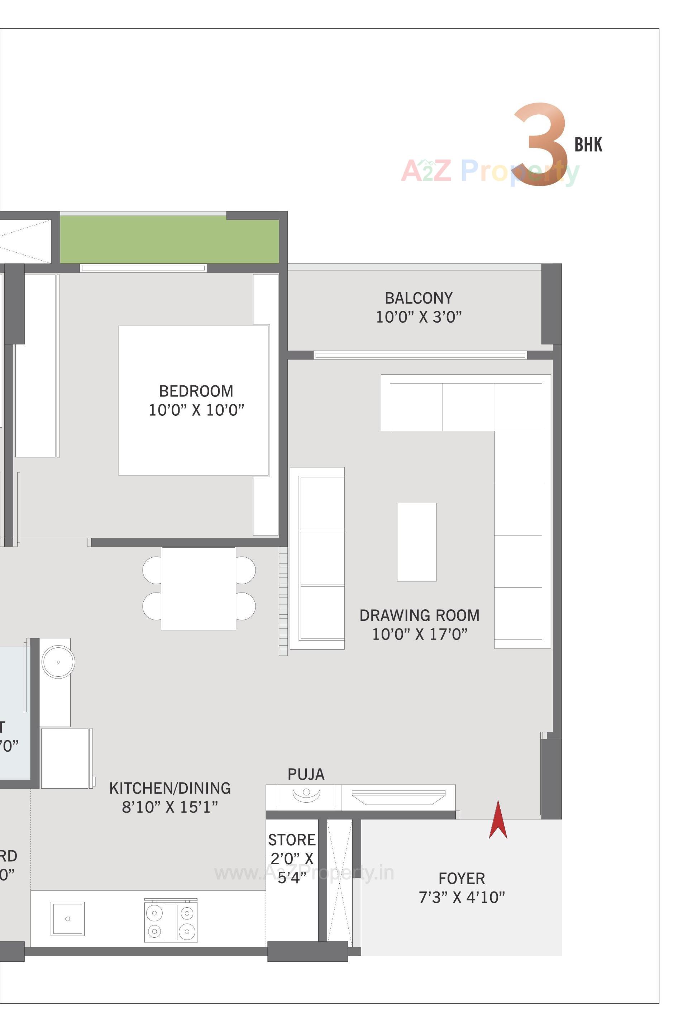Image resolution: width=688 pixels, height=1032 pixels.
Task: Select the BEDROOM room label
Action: coord(196,391)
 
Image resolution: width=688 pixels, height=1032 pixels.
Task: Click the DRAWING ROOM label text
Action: coord(419,615)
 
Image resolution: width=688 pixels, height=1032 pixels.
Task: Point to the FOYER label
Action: coord(462,878)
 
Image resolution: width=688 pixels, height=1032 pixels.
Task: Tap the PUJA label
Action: coord(306,774)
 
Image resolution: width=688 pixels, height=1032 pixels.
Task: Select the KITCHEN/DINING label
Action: coord(170,788)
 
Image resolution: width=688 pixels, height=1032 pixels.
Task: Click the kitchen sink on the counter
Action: coord(68,919)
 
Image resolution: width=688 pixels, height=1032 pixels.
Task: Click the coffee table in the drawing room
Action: coord(416,542)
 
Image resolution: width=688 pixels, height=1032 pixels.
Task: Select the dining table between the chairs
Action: coord(198,588)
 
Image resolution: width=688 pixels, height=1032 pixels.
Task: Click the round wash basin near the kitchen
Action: coord(58,661)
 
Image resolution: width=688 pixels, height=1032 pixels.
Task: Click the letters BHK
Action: coord(588,145)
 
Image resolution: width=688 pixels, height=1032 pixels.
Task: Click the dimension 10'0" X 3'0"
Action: coord(419,317)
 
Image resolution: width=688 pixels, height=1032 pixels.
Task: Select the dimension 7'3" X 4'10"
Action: coord(462,897)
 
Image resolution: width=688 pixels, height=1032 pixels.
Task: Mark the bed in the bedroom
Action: coord(193,439)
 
